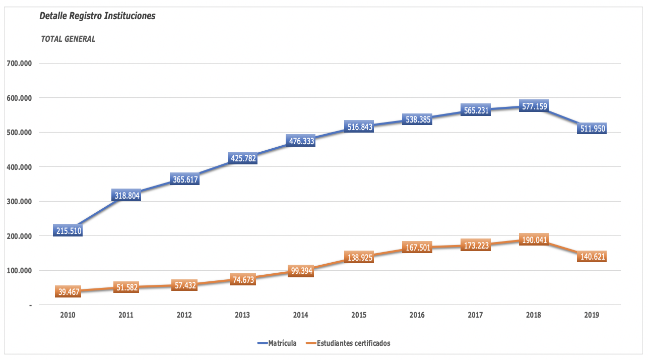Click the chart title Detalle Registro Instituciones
(97, 16)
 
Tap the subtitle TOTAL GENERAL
(68, 39)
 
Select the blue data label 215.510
(68, 231)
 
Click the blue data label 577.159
(534, 106)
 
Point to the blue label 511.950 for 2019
(592, 129)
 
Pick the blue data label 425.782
(242, 158)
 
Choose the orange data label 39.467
(68, 292)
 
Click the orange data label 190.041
(534, 240)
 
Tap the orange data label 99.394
(301, 271)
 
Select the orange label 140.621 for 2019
(592, 257)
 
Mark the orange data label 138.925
(359, 258)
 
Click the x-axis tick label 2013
(242, 315)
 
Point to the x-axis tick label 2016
(417, 315)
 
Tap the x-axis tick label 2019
(592, 315)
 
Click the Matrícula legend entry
(277, 343)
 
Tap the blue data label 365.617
(184, 179)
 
